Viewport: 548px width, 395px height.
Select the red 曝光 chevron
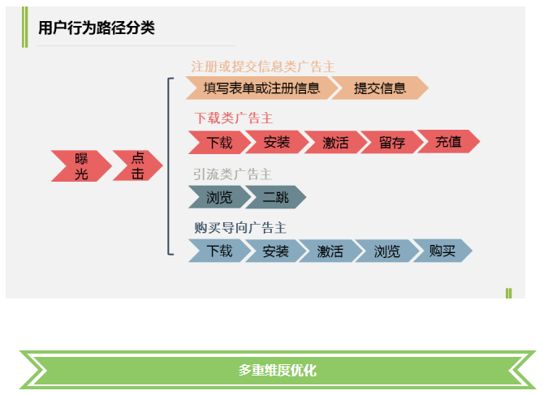pyautogui.click(x=80, y=165)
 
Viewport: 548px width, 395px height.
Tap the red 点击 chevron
pyautogui.click(x=136, y=165)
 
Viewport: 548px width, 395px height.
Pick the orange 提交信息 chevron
pyautogui.click(x=379, y=88)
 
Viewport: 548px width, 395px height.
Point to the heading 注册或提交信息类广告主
pyautogui.click(x=262, y=66)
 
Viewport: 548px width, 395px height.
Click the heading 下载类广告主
pyautogui.click(x=233, y=118)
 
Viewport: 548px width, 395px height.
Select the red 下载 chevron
pyautogui.click(x=218, y=142)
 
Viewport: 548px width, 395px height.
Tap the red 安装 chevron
pyautogui.click(x=276, y=142)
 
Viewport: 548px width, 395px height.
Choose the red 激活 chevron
pyautogui.click(x=334, y=142)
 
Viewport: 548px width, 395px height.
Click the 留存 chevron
pyautogui.click(x=391, y=142)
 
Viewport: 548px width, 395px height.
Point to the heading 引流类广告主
pyautogui.click(x=232, y=174)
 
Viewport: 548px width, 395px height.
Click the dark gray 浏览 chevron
pyautogui.click(x=218, y=197)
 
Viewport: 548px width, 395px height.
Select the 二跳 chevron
pyautogui.click(x=275, y=197)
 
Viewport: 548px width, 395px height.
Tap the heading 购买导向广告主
pyautogui.click(x=239, y=228)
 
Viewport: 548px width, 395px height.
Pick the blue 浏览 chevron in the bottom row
pyautogui.click(x=386, y=251)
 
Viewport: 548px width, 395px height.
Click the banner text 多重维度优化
pyautogui.click(x=277, y=370)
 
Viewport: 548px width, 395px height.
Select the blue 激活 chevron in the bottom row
pyautogui.click(x=330, y=251)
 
